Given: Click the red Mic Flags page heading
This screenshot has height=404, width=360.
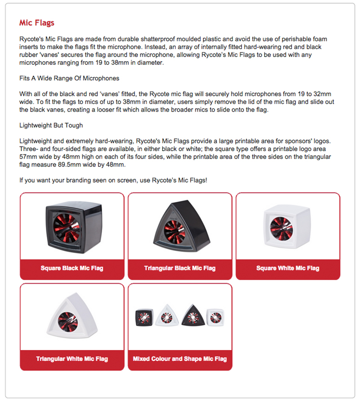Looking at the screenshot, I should coord(37,22).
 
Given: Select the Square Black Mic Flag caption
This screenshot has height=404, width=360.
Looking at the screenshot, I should coord(72,269).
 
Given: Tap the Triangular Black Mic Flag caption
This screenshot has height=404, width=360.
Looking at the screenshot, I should coord(180,269).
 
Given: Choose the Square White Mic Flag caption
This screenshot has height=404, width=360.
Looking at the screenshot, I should coord(288,269).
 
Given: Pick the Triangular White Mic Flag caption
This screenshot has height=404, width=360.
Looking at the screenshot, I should coord(72,359).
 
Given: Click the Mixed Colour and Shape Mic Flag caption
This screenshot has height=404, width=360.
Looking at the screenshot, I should coord(180,359).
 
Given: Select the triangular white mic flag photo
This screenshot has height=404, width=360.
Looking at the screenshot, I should coord(72,316).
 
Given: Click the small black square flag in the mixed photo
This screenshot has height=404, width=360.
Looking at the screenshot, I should coord(144,318).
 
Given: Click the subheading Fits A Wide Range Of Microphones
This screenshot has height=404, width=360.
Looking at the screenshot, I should coord(69,78).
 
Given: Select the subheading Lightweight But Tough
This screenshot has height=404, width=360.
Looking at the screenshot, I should coord(51,126).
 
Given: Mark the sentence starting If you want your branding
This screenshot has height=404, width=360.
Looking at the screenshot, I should coord(113,180).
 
